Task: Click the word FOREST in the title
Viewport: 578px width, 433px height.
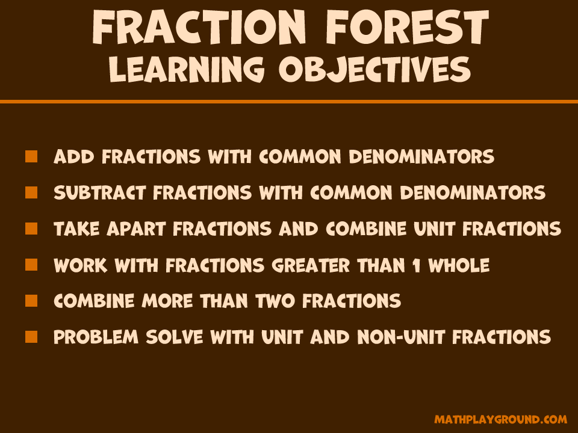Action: coord(408,26)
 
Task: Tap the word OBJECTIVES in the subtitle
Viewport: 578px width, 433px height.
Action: coord(374,70)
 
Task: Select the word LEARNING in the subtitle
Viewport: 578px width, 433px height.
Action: coord(187,69)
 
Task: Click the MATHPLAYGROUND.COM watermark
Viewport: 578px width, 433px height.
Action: coord(500,419)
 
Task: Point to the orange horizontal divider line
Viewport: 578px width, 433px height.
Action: coord(289,102)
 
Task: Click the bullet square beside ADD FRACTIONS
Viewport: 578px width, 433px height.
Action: coord(31,156)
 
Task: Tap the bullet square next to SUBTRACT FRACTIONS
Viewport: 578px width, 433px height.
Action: coord(31,192)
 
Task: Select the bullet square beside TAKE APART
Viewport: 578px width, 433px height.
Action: coord(31,229)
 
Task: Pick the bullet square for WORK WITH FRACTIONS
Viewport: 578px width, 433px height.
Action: coord(31,265)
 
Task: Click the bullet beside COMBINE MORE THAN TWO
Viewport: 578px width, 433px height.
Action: coord(31,301)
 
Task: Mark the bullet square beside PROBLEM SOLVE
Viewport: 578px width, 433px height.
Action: coord(31,337)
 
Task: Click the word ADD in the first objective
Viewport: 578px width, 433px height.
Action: coord(74,156)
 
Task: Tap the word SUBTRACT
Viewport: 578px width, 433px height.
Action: coord(100,192)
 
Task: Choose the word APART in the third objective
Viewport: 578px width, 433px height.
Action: coord(136,229)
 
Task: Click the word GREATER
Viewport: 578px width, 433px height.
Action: coord(311,265)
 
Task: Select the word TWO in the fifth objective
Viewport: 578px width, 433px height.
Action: coord(275,301)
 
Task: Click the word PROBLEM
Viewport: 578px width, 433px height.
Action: coord(96,337)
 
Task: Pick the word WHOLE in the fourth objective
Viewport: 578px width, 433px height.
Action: coord(459,265)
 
